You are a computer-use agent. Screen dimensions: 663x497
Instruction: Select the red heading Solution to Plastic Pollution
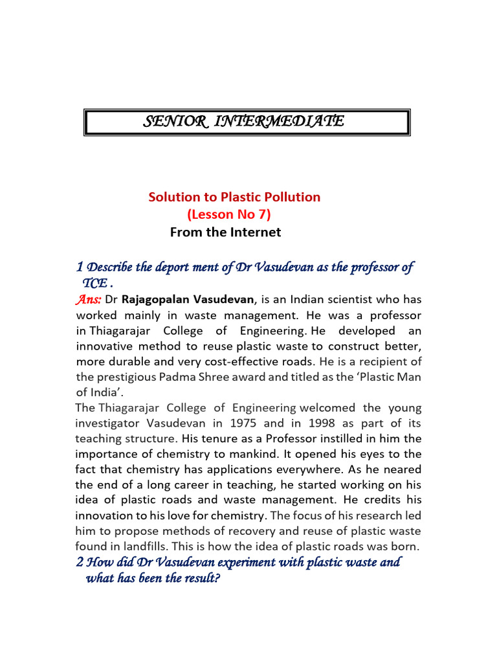tap(234, 197)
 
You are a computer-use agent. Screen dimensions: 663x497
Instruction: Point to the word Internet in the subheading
tap(253, 231)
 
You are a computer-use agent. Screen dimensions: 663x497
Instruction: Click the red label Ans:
tap(88, 298)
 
